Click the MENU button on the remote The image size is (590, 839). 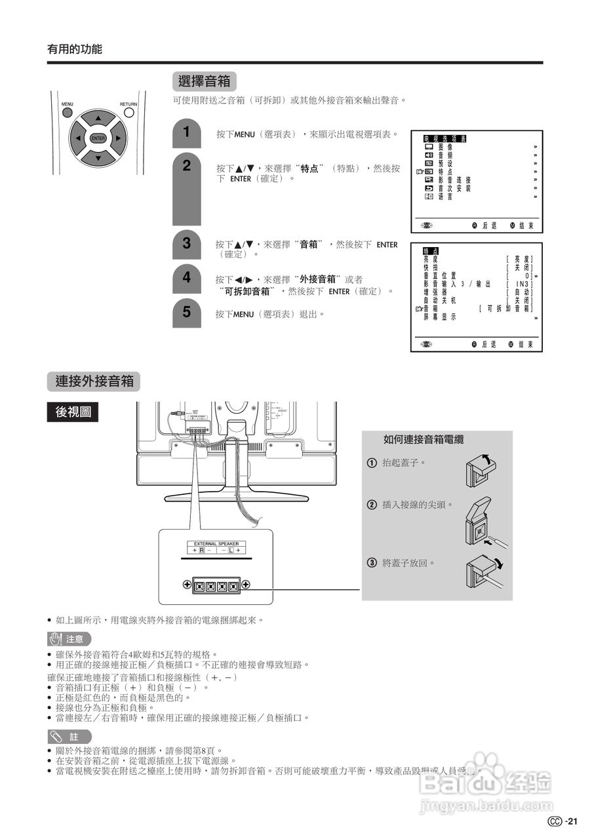click(x=68, y=112)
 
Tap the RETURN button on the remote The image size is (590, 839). click(x=128, y=112)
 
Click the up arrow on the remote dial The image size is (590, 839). click(x=98, y=119)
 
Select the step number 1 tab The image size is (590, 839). click(x=187, y=132)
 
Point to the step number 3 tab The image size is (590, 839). click(x=187, y=244)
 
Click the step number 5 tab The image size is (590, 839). click(x=187, y=312)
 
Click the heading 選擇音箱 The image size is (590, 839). click(x=205, y=81)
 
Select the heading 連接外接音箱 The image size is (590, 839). click(x=94, y=381)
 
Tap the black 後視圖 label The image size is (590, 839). click(x=73, y=412)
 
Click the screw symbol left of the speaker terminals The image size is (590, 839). click(x=187, y=585)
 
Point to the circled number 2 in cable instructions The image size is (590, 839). click(x=372, y=505)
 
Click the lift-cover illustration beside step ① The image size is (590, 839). click(x=481, y=468)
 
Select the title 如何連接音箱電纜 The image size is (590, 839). click(x=428, y=440)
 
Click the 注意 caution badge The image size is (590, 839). click(x=69, y=638)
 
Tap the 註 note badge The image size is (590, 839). click(x=69, y=737)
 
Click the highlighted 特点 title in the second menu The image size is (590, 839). click(x=431, y=251)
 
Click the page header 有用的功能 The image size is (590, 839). click(x=75, y=49)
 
